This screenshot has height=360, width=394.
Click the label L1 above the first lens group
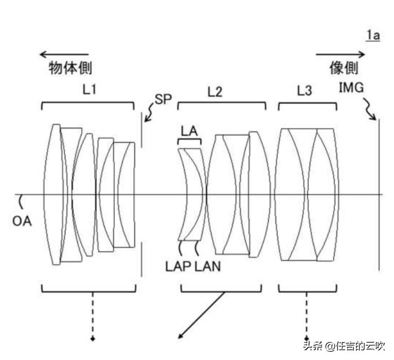pyautogui.click(x=90, y=89)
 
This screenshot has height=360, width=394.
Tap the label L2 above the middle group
pyautogui.click(x=215, y=92)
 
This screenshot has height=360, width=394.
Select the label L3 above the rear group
pyautogui.click(x=304, y=91)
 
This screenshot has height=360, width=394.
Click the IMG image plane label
pyautogui.click(x=351, y=88)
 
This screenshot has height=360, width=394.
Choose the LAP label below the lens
pyautogui.click(x=179, y=266)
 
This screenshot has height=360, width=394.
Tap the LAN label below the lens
pyautogui.click(x=208, y=266)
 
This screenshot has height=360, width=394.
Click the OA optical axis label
pyautogui.click(x=22, y=221)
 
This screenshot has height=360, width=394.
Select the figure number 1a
pyautogui.click(x=373, y=35)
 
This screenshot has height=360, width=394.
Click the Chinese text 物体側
pyautogui.click(x=71, y=68)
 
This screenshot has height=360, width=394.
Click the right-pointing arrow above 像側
pyautogui.click(x=340, y=54)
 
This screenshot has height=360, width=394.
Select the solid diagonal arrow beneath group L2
pyautogui.click(x=201, y=315)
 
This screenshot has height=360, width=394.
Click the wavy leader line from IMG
pyautogui.click(x=370, y=109)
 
